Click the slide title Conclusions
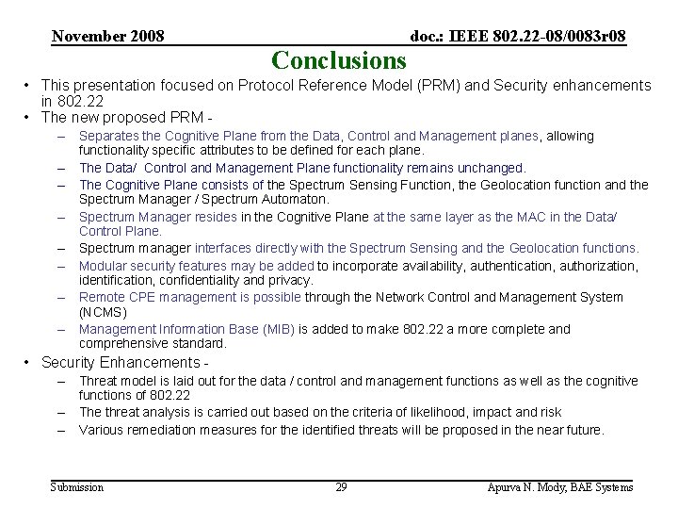click(x=338, y=61)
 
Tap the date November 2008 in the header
click(x=108, y=37)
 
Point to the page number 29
click(x=341, y=487)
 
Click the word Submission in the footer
click(x=76, y=487)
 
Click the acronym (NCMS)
click(x=103, y=312)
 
